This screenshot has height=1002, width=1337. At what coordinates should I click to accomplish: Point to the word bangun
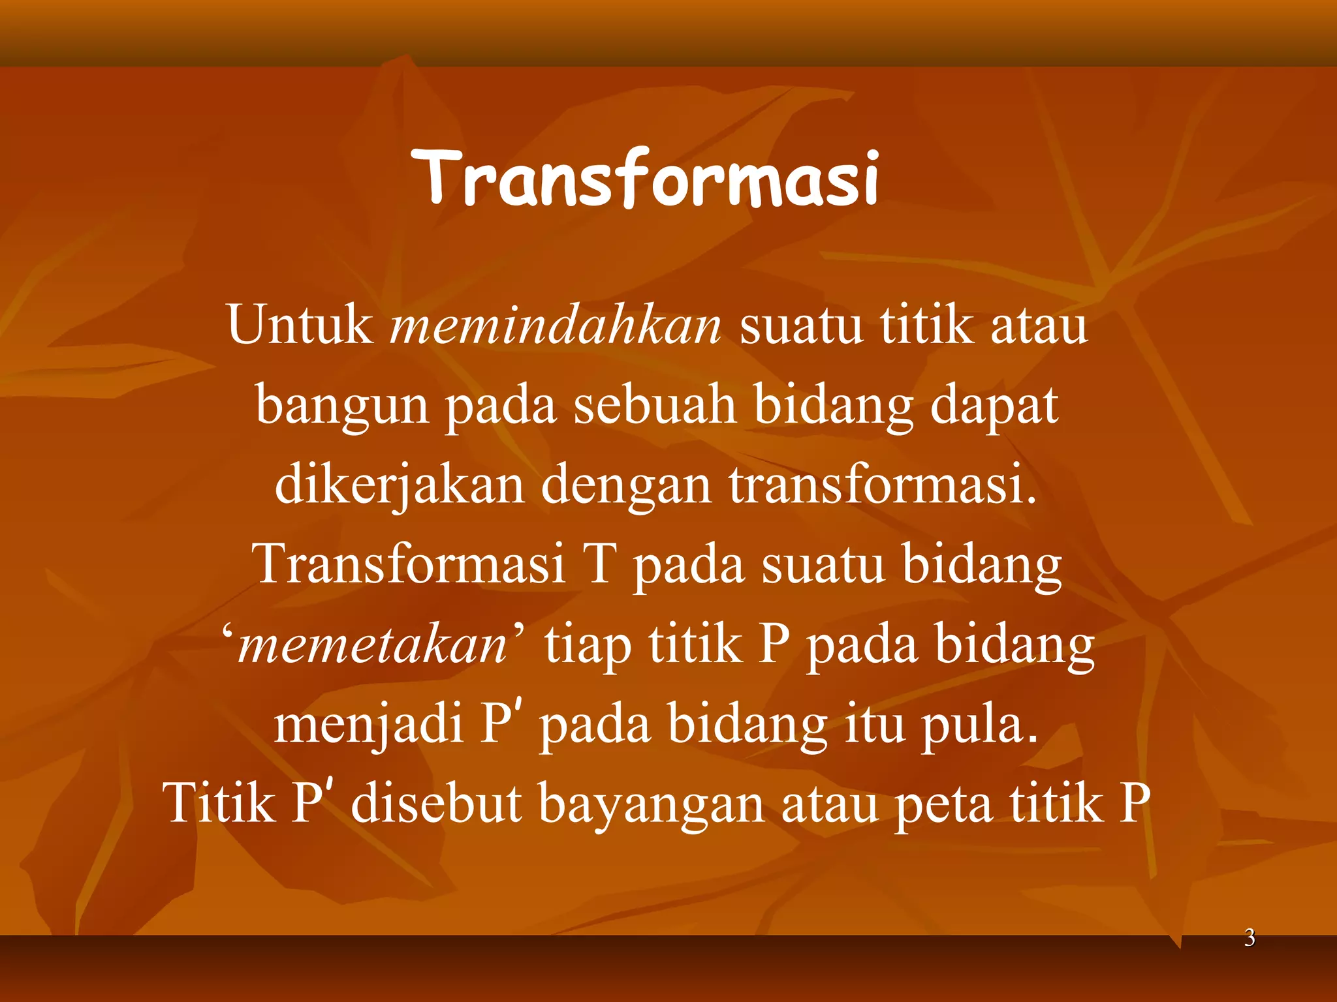click(342, 406)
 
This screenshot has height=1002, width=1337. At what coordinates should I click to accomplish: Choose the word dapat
click(994, 406)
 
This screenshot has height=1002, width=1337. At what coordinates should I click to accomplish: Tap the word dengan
click(625, 487)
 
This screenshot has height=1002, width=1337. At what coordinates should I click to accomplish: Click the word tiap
click(588, 646)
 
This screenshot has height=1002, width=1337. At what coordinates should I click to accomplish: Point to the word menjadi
click(368, 725)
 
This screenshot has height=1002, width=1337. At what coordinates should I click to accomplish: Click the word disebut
click(436, 804)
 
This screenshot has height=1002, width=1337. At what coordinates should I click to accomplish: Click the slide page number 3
click(1250, 938)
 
